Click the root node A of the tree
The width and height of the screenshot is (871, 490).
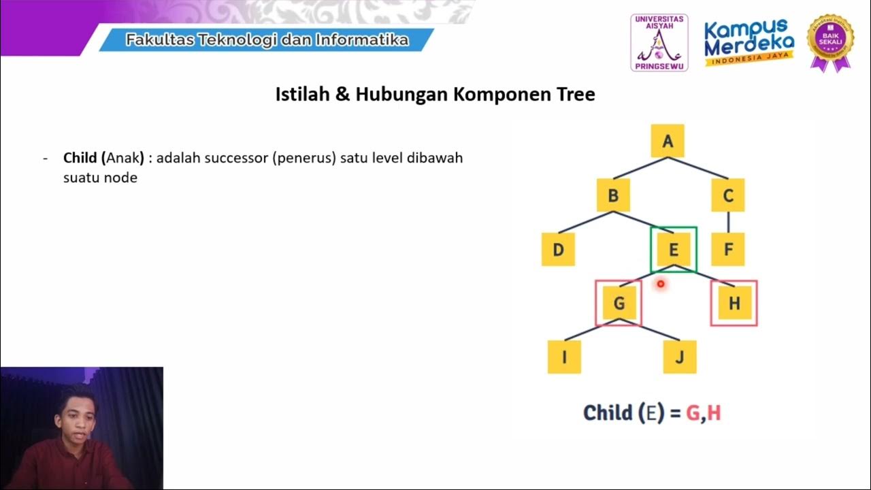pos(668,141)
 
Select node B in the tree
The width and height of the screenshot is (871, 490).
pos(613,196)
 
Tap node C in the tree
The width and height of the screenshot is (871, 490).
pos(728,196)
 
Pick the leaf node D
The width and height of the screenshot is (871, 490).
pos(558,249)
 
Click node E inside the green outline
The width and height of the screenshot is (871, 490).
pos(673,249)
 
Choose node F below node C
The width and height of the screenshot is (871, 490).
pos(728,249)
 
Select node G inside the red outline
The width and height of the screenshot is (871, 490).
pos(619,303)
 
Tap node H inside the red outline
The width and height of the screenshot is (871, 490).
pos(734,303)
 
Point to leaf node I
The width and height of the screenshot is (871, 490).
pos(564,357)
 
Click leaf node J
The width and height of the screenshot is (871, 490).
pos(680,357)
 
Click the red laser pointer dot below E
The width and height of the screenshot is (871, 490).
pos(660,284)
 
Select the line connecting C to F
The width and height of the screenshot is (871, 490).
pos(728,222)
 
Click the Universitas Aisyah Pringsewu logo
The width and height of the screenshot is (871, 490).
pos(659,42)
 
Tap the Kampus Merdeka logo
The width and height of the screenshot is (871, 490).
pos(749,42)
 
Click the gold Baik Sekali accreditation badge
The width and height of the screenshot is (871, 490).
pos(829,41)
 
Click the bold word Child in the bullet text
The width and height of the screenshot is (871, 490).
pos(81,158)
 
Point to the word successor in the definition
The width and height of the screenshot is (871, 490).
pos(235,158)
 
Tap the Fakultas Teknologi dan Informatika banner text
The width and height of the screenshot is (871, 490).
pos(267,40)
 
